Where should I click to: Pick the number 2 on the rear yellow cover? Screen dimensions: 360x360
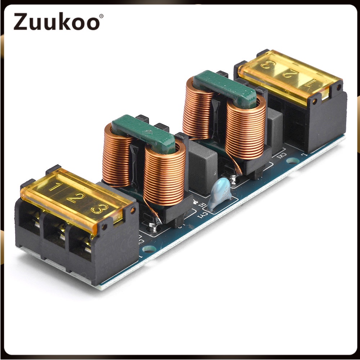(x=288, y=75)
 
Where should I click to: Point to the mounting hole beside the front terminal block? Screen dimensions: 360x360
(x=147, y=248)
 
